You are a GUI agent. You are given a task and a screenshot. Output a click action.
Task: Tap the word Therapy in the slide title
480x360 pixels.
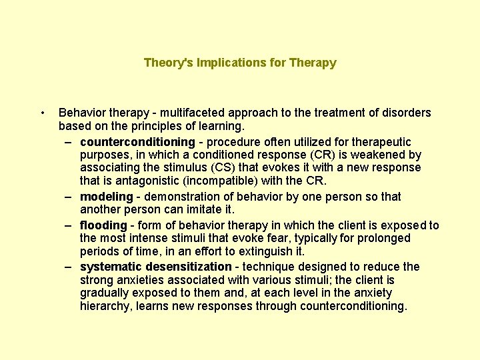coord(313,63)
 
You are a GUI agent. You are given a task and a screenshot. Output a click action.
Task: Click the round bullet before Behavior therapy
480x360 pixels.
coord(42,113)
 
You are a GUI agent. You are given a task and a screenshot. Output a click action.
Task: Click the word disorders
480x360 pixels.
coord(406,113)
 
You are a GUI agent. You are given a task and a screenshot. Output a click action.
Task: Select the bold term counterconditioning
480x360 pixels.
coord(137,142)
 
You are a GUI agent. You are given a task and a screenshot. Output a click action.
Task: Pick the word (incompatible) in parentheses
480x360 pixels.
coord(209,181)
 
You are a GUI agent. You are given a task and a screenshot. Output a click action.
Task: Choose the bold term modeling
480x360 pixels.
coord(107,197)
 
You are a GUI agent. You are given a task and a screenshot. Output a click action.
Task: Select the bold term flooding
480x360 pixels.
coord(103,225)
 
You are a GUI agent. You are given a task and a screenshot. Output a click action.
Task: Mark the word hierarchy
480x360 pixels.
coord(103,306)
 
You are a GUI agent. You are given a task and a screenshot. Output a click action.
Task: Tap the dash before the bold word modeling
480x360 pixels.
coord(69,197)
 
